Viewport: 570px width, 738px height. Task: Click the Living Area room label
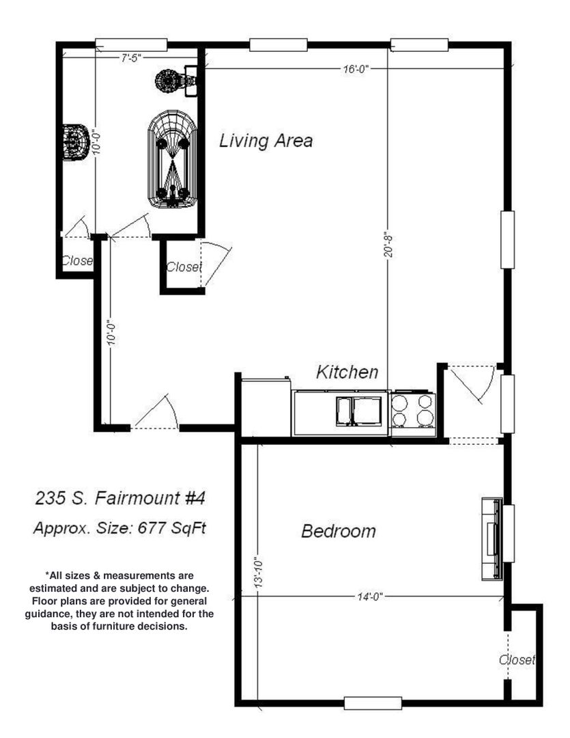click(x=266, y=141)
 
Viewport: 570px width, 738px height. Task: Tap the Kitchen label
click(x=347, y=372)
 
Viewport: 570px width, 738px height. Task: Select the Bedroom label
click(x=338, y=531)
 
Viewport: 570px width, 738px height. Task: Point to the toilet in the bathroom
click(x=76, y=143)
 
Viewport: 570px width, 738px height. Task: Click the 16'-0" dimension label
click(x=356, y=70)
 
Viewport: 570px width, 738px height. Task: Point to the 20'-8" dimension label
click(x=388, y=244)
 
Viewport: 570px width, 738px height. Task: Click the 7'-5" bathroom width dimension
click(x=130, y=58)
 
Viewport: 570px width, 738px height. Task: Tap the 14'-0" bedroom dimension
click(x=370, y=597)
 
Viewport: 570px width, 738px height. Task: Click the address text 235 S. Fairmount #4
click(x=120, y=498)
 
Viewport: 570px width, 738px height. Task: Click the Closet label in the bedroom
click(x=517, y=659)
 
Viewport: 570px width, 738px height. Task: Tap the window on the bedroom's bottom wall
click(x=373, y=703)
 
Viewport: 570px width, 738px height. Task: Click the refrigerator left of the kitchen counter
click(x=266, y=407)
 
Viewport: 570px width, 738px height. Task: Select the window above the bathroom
click(x=131, y=44)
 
